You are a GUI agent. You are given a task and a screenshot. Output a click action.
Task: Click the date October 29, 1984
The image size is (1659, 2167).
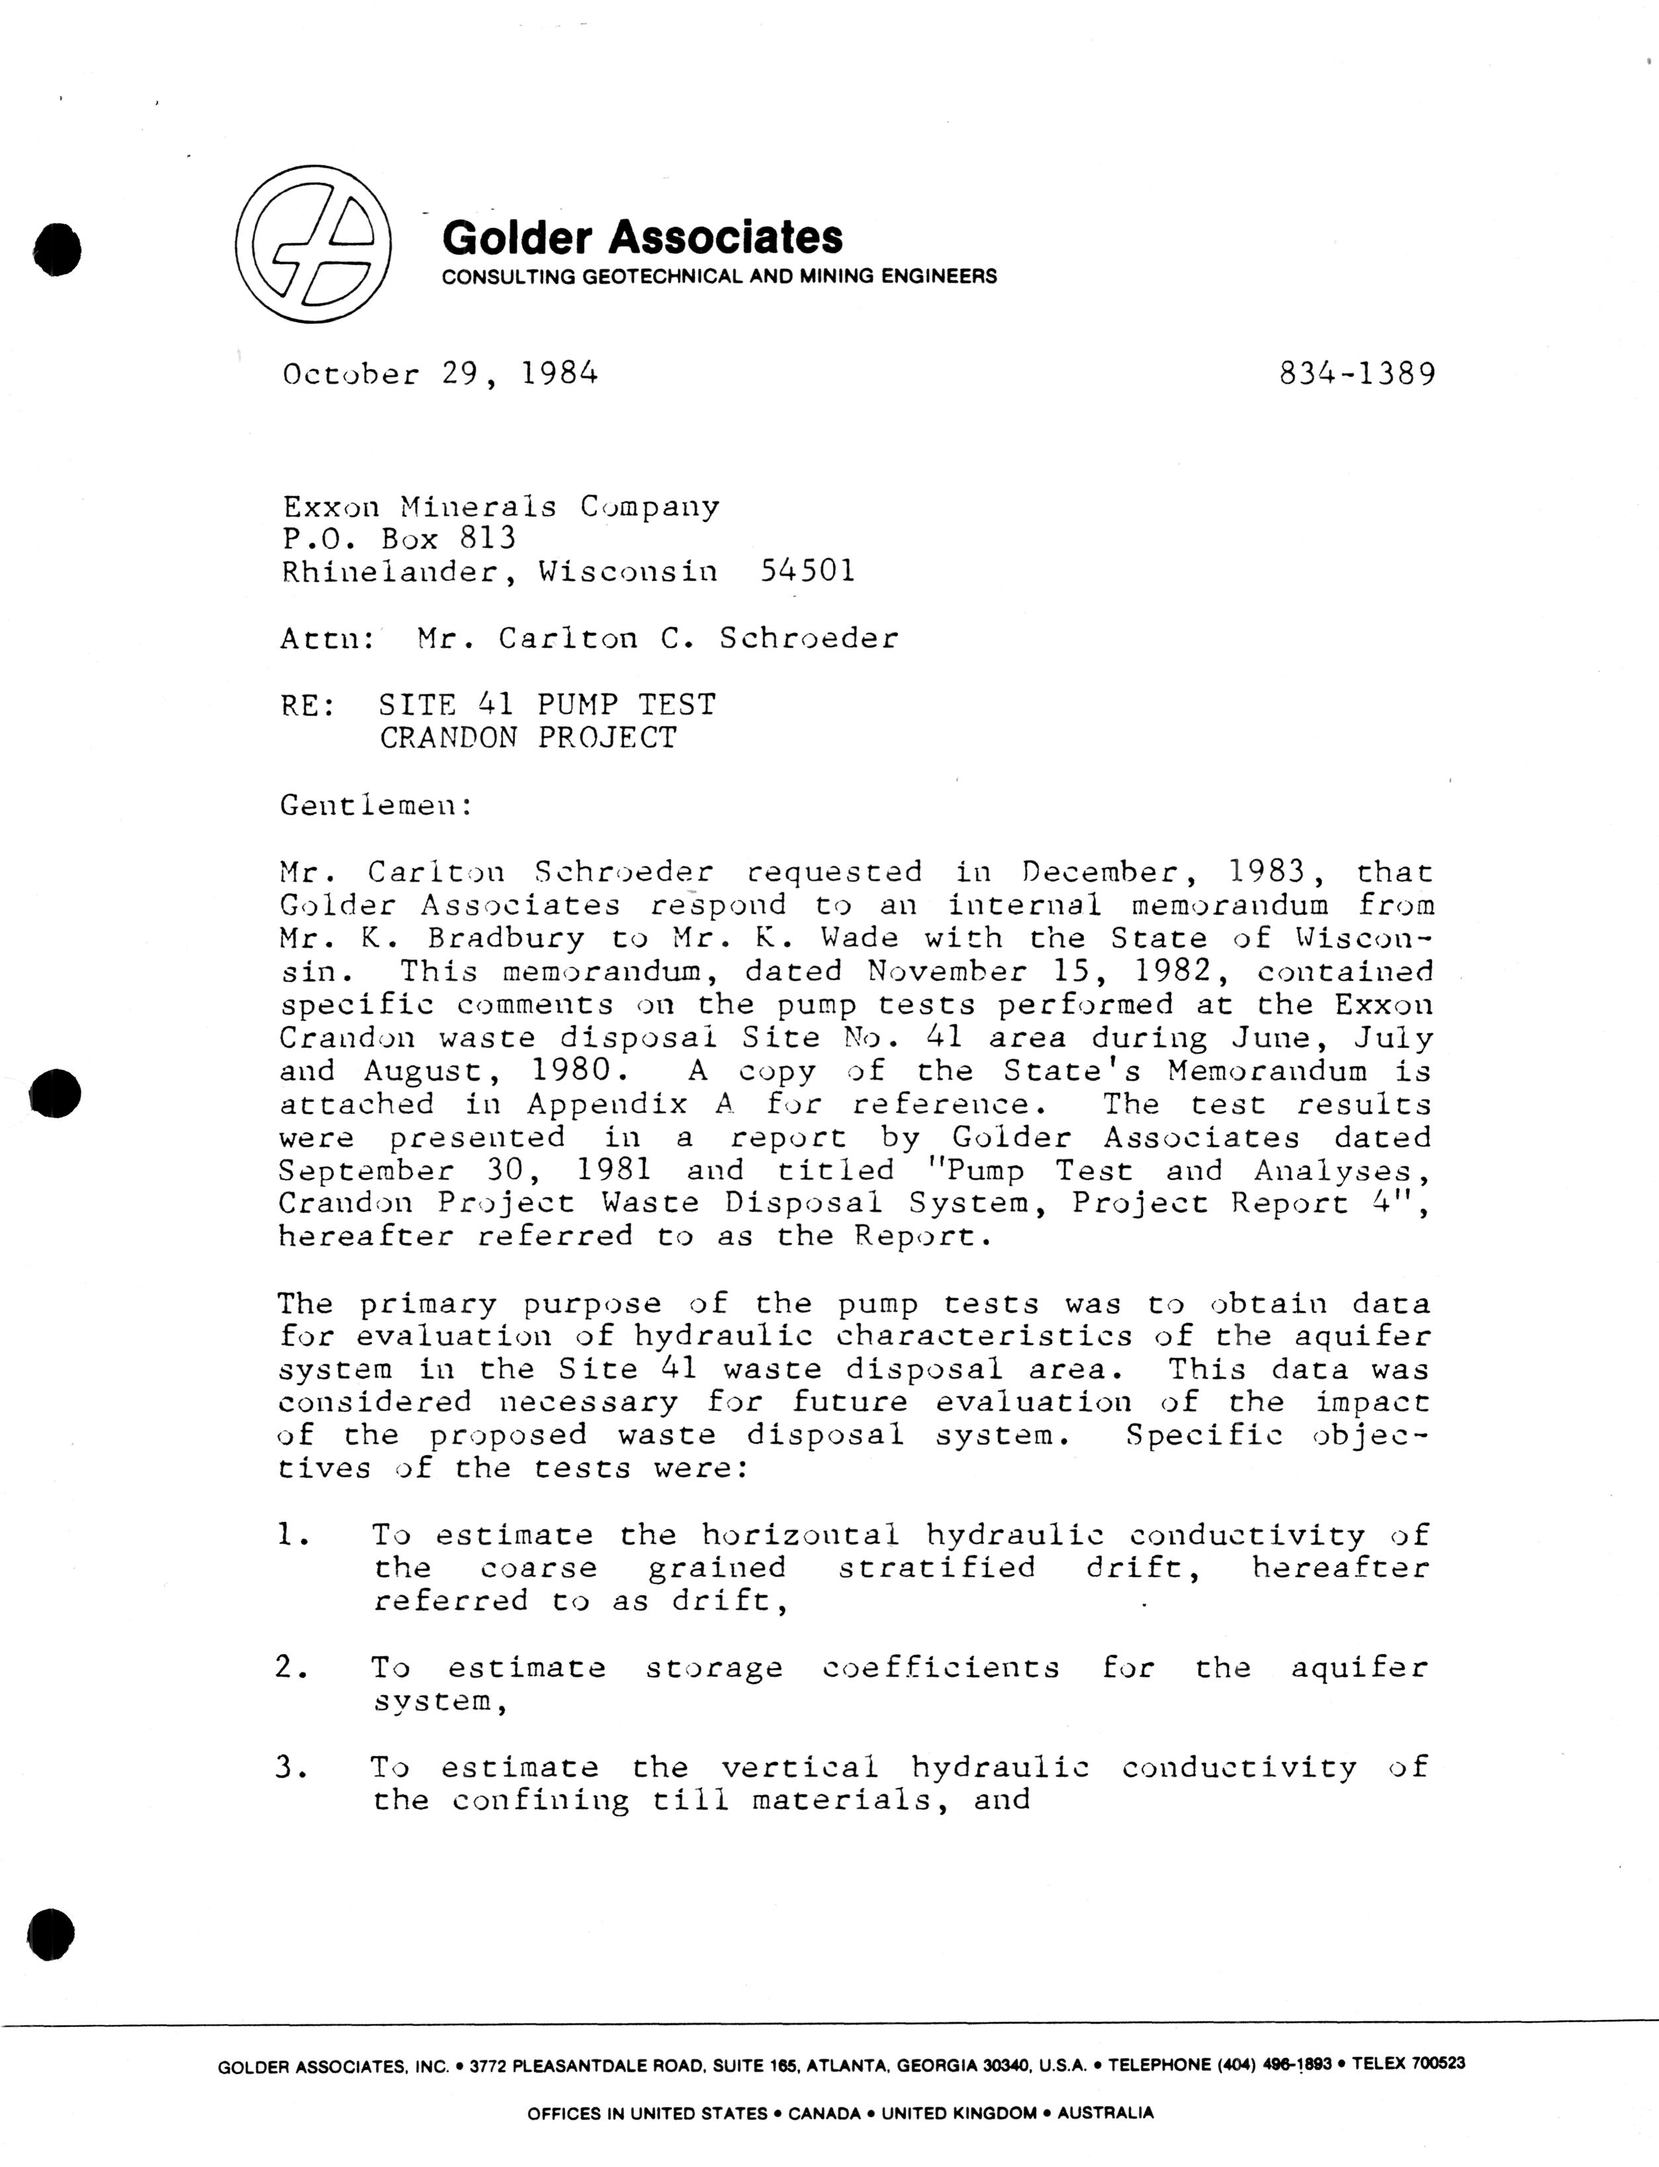tap(441, 374)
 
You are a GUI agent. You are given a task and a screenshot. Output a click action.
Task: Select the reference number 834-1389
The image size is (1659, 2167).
tap(1357, 374)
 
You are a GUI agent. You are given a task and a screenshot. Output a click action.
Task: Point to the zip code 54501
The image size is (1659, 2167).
tap(808, 571)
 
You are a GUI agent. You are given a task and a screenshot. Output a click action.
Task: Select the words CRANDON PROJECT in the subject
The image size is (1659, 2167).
tap(529, 737)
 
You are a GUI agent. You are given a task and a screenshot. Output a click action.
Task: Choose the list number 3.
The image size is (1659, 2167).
tap(293, 1767)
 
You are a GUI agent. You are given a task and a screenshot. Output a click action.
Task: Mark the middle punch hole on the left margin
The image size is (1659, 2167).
tap(54, 1093)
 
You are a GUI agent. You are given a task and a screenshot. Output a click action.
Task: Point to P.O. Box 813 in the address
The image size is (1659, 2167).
tap(399, 538)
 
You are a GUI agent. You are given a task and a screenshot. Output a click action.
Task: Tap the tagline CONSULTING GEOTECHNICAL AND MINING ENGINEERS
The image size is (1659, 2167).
tap(719, 276)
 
